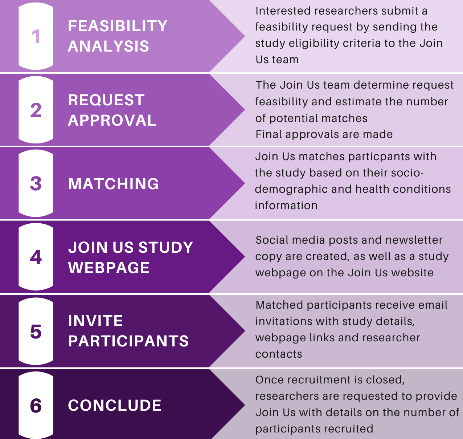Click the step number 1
click(36, 37)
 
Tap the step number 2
click(36, 110)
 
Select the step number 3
click(36, 183)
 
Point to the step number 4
click(36, 257)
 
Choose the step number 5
click(36, 331)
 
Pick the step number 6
click(36, 405)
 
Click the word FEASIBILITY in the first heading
click(118, 26)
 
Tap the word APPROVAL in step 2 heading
click(112, 120)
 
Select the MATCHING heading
click(113, 184)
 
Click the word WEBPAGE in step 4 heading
click(109, 268)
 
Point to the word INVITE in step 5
click(95, 321)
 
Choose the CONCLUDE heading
click(115, 405)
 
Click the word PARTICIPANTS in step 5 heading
click(128, 341)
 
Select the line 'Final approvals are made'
click(324, 134)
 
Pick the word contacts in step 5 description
click(278, 354)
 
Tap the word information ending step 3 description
click(286, 206)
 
